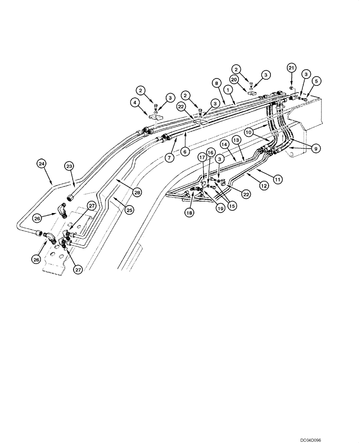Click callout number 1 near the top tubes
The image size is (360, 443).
click(x=229, y=89)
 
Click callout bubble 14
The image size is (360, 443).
click(x=225, y=144)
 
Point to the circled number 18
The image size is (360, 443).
click(x=190, y=213)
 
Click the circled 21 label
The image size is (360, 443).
click(x=291, y=68)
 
